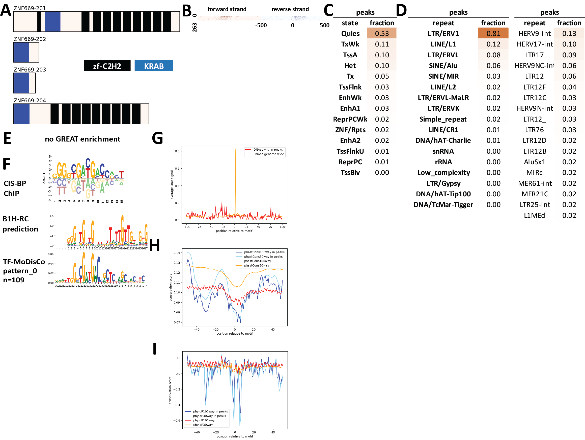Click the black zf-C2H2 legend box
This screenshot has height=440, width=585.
pyautogui.click(x=107, y=66)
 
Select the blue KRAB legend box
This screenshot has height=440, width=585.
pyautogui.click(x=154, y=66)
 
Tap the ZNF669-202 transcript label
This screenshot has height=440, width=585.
pyautogui.click(x=30, y=39)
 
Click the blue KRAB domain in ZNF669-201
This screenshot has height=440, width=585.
pyautogui.click(x=53, y=21)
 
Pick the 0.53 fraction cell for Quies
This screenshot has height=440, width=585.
pyautogui.click(x=382, y=34)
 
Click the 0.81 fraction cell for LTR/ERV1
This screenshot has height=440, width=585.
pyautogui.click(x=493, y=34)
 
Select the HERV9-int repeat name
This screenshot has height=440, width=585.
pyautogui.click(x=534, y=34)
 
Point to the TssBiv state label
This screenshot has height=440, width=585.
pyautogui.click(x=350, y=173)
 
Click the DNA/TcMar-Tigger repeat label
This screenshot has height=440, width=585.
pyautogui.click(x=443, y=205)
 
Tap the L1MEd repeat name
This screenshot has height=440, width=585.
pyautogui.click(x=534, y=216)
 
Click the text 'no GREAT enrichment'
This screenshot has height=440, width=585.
pyautogui.click(x=82, y=139)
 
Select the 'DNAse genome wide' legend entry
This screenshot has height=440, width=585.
pyautogui.click(x=268, y=154)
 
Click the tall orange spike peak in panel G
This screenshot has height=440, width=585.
pyautogui.click(x=235, y=150)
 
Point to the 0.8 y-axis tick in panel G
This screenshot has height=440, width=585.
pyautogui.click(x=177, y=151)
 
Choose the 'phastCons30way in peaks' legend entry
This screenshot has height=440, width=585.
pyautogui.click(x=263, y=257)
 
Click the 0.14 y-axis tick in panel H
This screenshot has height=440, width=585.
pyautogui.click(x=177, y=253)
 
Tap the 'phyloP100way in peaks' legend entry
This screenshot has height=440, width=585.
pyautogui.click(x=210, y=412)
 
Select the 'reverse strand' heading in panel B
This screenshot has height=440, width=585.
pyautogui.click(x=290, y=9)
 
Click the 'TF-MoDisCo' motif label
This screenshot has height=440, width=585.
pyautogui.click(x=24, y=262)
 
